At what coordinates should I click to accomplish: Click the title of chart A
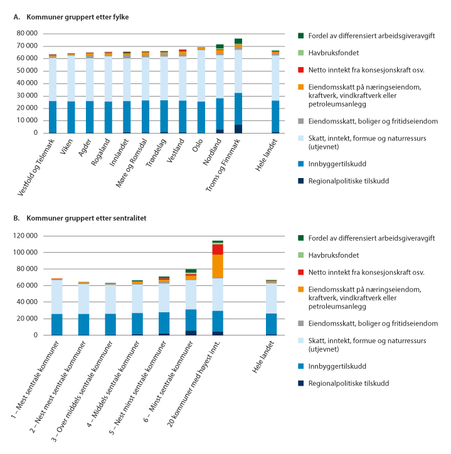[72, 17]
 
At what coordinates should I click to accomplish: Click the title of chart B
[78, 218]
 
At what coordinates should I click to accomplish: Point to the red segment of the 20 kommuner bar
[218, 249]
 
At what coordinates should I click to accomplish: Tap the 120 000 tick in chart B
[25, 235]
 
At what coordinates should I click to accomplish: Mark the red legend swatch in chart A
[301, 69]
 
